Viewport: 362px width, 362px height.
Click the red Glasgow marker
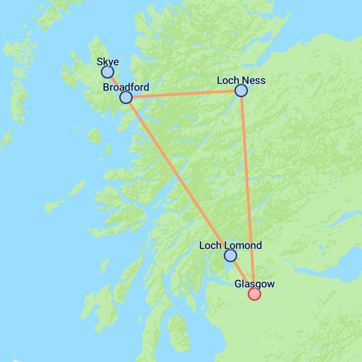click(x=254, y=294)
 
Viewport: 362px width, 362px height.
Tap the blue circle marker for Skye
click(x=107, y=72)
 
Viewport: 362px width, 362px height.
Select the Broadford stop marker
click(x=126, y=97)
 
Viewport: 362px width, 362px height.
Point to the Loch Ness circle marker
click(x=241, y=90)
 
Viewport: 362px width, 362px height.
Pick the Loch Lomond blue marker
click(x=230, y=255)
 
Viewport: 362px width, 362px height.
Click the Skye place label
click(x=108, y=62)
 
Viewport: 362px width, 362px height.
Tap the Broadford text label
click(x=126, y=87)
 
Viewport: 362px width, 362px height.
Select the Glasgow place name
click(x=255, y=284)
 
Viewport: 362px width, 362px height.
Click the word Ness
click(x=253, y=81)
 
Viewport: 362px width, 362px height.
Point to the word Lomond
click(x=244, y=245)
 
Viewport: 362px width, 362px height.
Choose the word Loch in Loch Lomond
click(x=210, y=245)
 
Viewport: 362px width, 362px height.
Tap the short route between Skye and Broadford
click(x=117, y=85)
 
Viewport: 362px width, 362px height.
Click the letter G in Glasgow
click(x=238, y=284)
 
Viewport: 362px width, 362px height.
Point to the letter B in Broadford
click(x=106, y=87)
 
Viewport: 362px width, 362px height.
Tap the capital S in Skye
click(x=100, y=62)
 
